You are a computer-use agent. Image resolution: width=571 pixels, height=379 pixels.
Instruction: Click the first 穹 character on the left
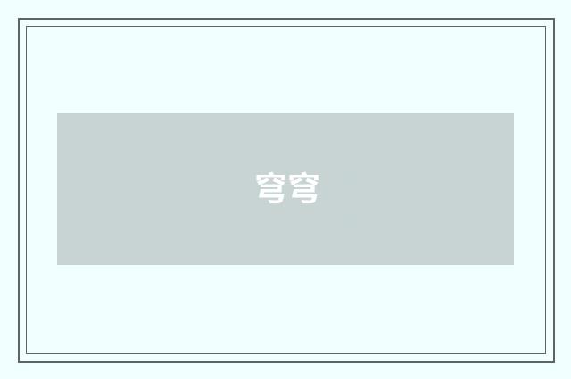271,188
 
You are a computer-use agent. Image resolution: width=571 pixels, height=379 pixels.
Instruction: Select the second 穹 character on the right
303,188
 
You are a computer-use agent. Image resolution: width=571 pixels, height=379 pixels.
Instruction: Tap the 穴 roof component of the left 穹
271,179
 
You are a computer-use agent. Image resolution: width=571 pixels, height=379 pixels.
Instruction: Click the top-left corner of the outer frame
19,19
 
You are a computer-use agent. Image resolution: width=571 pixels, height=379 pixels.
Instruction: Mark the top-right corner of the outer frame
553,19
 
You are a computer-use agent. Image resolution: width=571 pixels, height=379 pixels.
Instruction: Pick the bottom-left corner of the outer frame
19,361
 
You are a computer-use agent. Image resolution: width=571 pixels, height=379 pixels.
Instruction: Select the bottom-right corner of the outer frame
553,361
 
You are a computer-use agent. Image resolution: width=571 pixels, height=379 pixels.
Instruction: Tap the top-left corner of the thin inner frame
26,26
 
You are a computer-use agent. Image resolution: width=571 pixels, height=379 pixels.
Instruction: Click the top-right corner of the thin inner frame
545,26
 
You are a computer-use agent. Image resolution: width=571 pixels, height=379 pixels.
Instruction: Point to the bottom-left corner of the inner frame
26,354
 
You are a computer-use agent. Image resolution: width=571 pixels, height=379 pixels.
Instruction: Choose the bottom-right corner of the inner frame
545,354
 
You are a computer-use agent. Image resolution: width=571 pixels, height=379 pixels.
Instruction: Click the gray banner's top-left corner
57,113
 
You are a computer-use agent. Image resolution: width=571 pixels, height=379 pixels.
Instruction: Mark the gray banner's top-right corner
514,113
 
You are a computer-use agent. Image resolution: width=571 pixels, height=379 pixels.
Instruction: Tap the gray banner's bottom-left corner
57,265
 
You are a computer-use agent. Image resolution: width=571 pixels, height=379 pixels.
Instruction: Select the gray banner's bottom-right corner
514,265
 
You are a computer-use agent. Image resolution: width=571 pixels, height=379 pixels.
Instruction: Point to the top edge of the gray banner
285,113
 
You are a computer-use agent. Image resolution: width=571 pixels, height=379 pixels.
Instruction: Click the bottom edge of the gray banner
285,265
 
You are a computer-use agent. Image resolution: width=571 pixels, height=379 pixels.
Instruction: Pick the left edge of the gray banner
57,189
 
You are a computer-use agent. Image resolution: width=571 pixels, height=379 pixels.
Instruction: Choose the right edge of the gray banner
514,189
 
